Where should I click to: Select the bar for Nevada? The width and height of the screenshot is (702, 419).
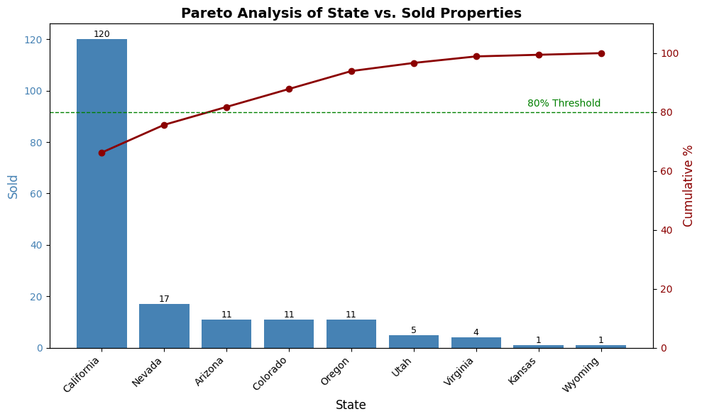(164, 326)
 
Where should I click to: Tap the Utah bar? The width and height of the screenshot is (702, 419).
(414, 342)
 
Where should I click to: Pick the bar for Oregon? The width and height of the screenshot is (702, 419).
(351, 334)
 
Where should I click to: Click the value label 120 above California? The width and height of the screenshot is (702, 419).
(102, 34)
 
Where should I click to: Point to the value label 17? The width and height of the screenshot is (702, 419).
(164, 299)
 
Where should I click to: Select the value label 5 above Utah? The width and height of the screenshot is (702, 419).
(414, 330)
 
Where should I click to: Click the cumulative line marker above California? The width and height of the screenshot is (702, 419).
(102, 153)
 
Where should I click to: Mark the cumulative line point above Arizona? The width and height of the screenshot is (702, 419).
(226, 107)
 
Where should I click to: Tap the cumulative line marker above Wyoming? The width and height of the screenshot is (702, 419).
(601, 53)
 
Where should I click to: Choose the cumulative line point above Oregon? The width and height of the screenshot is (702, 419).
(351, 71)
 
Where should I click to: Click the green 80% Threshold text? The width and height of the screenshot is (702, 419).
(564, 104)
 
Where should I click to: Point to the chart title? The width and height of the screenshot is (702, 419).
(351, 13)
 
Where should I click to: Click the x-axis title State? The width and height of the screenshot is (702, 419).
(351, 405)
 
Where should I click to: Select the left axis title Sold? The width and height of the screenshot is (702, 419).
(13, 186)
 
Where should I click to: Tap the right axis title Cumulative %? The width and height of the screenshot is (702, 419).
(689, 186)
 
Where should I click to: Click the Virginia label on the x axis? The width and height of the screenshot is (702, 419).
(460, 371)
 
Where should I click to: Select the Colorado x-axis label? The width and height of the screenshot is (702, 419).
(270, 373)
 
